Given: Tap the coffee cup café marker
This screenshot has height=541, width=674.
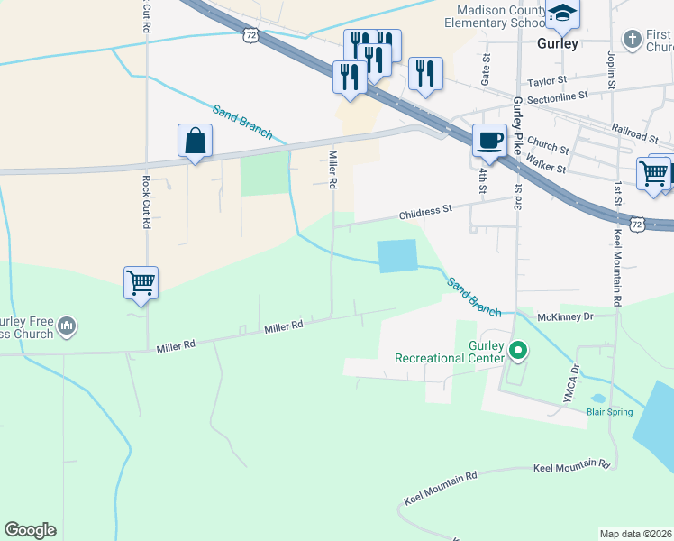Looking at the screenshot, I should [x=489, y=141].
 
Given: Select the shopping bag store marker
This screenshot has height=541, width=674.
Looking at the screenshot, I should [x=195, y=141].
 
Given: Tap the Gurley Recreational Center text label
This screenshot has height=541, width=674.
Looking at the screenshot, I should [x=449, y=352].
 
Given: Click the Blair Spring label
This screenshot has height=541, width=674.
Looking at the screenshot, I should [x=610, y=412].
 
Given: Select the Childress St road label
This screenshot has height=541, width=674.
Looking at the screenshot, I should [x=426, y=212].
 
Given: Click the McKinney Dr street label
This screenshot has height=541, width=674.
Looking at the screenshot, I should [x=565, y=316].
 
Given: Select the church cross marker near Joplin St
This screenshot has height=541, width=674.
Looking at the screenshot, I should [x=633, y=40].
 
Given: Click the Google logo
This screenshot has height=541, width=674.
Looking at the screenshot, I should [x=30, y=530].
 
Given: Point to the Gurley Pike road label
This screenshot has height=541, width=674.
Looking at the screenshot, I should [x=518, y=125].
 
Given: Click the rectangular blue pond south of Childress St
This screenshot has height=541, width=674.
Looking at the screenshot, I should [x=398, y=256].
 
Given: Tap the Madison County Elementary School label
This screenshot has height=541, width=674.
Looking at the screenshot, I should [x=501, y=15].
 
